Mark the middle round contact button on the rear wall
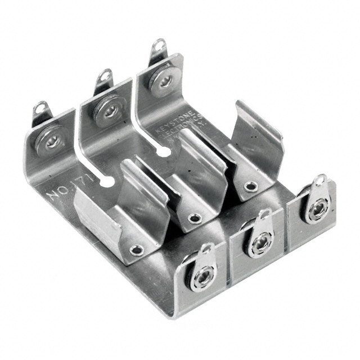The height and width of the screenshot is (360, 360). pos(110,110)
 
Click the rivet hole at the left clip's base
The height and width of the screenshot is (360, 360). pos(137,249)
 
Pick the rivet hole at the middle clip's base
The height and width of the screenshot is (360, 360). pos(195,218)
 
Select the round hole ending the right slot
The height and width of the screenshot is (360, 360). pos(164,151)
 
